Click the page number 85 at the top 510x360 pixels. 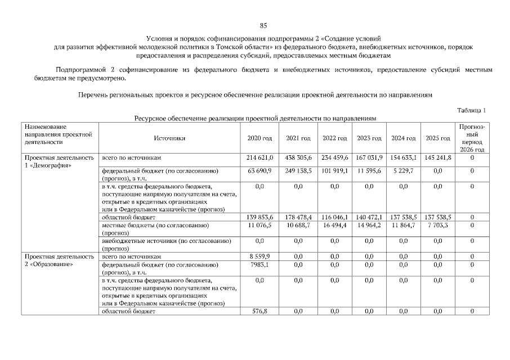(263, 25)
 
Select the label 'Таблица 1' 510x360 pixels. (472, 110)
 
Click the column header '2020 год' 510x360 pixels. (260, 138)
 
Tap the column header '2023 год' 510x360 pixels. (369, 138)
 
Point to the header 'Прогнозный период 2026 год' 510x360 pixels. (472, 138)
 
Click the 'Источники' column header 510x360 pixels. (169, 138)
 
